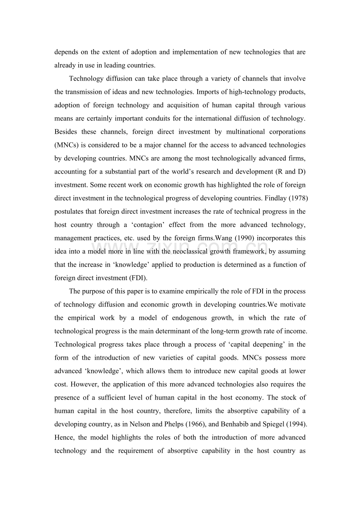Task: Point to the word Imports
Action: [207, 92]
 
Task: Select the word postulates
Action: [67, 211]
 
